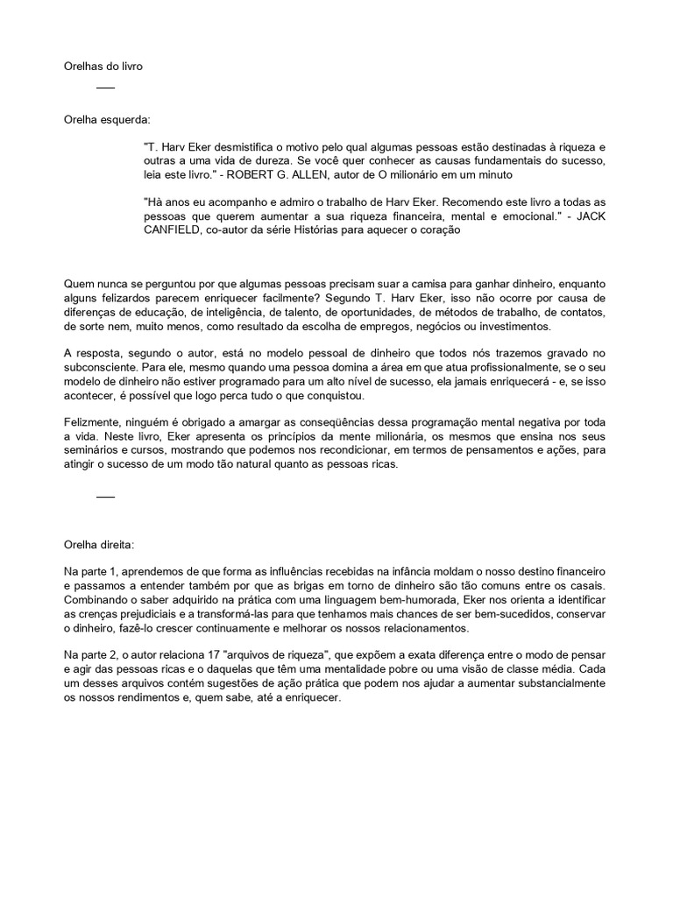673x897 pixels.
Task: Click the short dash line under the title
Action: pyautogui.click(x=105, y=88)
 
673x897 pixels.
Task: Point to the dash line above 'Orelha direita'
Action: pyautogui.click(x=105, y=497)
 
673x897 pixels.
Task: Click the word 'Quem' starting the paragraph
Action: pyautogui.click(x=79, y=284)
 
